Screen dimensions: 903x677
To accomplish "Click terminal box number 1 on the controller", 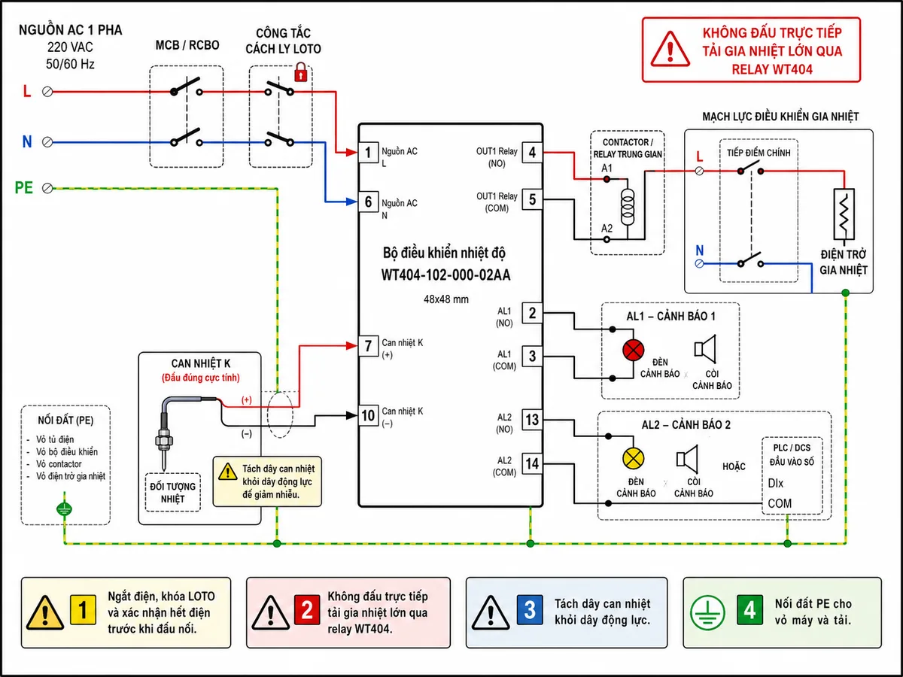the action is click(x=368, y=153).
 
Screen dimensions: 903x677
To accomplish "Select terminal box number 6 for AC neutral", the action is click(x=368, y=202).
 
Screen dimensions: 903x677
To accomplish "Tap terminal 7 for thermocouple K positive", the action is click(x=368, y=346).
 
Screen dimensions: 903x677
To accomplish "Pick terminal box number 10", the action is click(x=368, y=415).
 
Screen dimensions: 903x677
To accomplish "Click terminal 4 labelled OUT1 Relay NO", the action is click(x=532, y=153).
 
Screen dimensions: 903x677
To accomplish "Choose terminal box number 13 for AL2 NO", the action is click(x=532, y=420).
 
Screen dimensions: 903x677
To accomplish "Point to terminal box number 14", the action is click(x=532, y=464).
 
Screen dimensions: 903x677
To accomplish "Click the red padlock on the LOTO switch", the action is click(x=301, y=72).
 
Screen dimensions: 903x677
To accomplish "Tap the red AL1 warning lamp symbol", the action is click(x=634, y=351).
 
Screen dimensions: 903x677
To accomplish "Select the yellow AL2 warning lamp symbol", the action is click(x=634, y=458).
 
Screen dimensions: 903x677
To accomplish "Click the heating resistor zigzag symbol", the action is click(x=844, y=214).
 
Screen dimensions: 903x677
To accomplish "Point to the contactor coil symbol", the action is click(x=628, y=207).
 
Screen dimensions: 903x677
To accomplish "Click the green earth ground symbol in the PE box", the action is click(x=64, y=509).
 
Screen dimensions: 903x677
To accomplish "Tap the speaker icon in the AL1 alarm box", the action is click(x=705, y=349).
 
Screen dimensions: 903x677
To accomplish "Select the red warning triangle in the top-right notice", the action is click(x=670, y=50).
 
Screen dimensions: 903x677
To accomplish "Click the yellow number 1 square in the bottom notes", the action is click(x=83, y=610).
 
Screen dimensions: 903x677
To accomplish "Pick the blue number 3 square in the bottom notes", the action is click(x=530, y=610).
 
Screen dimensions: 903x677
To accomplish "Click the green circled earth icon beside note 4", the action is click(x=707, y=612).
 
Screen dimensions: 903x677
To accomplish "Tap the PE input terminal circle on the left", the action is click(x=47, y=188).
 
